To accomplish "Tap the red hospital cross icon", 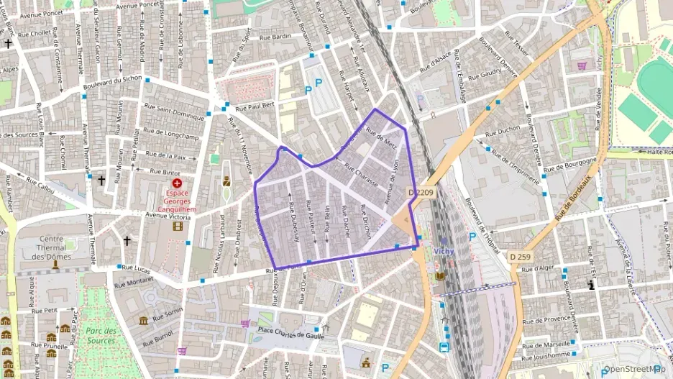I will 178,184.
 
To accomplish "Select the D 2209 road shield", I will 421,192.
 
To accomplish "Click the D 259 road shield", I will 521,256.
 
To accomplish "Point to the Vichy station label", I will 444,250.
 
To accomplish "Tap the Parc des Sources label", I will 100,336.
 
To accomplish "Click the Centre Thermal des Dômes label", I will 51,247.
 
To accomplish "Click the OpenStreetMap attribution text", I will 635,370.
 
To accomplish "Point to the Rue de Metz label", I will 381,135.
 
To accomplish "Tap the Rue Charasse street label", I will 361,174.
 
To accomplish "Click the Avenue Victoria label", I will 168,215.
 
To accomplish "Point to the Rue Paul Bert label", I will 255,105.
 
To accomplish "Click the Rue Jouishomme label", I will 546,354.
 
